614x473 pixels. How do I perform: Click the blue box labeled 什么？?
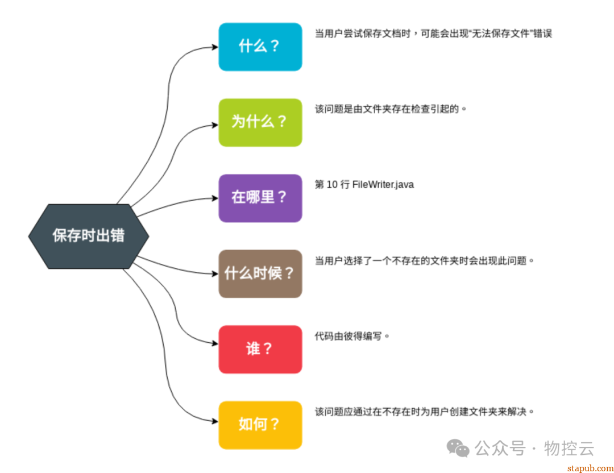click(260, 47)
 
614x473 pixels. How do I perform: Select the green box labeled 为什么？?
click(260, 122)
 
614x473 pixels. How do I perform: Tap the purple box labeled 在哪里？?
click(260, 198)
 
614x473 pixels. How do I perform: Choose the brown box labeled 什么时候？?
click(260, 273)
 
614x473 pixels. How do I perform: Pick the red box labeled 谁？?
click(260, 349)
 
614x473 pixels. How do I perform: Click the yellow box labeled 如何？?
click(260, 425)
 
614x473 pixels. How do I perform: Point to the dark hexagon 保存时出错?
click(89, 236)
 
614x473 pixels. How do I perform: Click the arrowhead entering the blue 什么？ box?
click(214, 47)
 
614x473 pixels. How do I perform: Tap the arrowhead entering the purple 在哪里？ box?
click(214, 198)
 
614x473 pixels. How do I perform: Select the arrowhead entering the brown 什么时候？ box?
click(214, 273)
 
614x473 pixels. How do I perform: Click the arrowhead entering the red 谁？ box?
click(214, 344)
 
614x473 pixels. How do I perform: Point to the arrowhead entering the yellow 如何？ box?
click(214, 421)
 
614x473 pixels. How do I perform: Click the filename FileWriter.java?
click(383, 184)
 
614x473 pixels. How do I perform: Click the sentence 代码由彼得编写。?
click(352, 335)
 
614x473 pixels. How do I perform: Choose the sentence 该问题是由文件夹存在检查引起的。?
click(391, 109)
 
